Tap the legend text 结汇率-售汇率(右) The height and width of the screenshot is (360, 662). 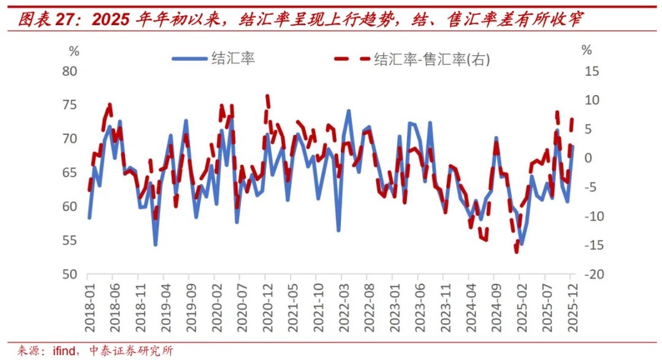click(433, 59)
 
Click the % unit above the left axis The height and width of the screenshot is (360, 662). click(74, 50)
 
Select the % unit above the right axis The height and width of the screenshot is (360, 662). click(587, 50)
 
